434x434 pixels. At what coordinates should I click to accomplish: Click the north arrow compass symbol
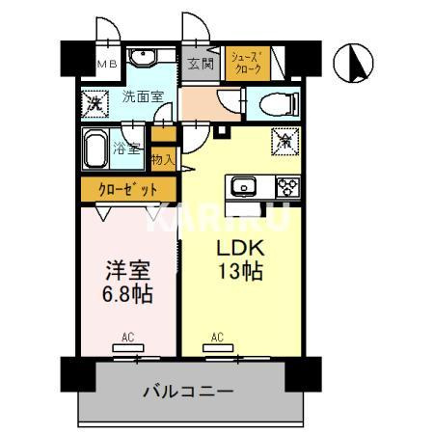[353, 65]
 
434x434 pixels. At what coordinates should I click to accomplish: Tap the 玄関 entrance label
[201, 65]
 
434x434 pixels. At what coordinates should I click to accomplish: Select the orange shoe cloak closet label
[246, 65]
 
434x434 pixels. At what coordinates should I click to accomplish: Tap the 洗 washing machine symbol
[95, 101]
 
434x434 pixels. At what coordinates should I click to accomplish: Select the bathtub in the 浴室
[98, 150]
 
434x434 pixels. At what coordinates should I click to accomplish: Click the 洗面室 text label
[142, 96]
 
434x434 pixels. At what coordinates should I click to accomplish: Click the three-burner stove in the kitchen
[285, 186]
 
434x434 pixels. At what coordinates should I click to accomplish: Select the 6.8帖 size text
[125, 292]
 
